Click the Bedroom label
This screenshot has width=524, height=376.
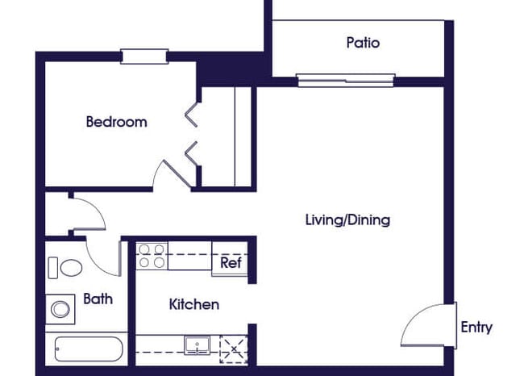coord(116,123)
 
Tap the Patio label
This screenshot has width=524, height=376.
coord(363,43)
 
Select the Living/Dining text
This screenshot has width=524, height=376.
coord(347,219)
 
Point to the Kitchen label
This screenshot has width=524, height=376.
coord(193,304)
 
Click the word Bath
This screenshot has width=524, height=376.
coord(98,299)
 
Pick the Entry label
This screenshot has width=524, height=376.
coord(476,327)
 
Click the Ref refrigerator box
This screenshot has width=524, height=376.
coord(230,262)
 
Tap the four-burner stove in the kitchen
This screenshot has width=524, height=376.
coord(151,257)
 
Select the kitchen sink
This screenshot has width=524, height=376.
coord(197,345)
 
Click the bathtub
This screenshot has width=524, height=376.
coord(88,349)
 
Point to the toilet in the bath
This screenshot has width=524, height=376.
coord(65,266)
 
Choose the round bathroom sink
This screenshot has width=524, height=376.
coord(59,307)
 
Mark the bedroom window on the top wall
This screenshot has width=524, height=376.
coord(144,56)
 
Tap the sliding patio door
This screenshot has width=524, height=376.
coord(345,80)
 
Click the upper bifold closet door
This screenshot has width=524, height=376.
coord(192,115)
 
